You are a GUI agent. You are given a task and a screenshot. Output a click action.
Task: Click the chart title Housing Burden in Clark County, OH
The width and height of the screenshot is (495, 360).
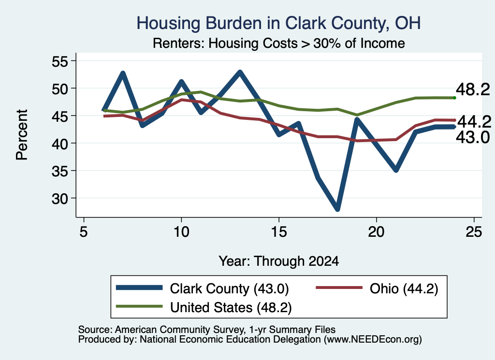click(x=278, y=23)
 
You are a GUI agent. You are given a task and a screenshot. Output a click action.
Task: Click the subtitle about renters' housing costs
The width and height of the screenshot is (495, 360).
click(x=279, y=43)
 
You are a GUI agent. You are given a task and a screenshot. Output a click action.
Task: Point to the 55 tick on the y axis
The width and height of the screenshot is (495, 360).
click(x=60, y=61)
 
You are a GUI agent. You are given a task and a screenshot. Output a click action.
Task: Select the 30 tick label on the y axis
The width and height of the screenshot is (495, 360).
click(x=60, y=199)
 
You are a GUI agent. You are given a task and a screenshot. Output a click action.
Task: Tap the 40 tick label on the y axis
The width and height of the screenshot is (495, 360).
click(x=60, y=144)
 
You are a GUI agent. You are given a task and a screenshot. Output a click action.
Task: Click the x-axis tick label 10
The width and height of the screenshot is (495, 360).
click(x=181, y=232)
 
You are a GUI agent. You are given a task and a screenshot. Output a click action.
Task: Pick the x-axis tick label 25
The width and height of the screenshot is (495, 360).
click(x=474, y=232)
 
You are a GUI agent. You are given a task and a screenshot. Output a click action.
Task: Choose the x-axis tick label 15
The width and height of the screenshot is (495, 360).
click(x=279, y=232)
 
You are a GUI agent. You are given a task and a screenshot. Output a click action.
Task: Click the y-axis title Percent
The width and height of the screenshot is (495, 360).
click(x=22, y=135)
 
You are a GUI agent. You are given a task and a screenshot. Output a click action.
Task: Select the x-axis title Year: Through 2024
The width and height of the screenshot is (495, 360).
click(x=279, y=261)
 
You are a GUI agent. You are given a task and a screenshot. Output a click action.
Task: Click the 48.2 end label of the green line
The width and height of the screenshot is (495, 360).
click(x=473, y=89)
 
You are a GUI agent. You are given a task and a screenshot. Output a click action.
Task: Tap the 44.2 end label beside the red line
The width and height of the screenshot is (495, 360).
click(x=474, y=122)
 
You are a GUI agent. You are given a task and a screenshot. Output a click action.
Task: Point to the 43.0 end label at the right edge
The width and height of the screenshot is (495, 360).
click(x=473, y=138)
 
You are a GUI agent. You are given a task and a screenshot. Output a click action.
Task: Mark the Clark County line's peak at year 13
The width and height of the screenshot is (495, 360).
click(x=240, y=72)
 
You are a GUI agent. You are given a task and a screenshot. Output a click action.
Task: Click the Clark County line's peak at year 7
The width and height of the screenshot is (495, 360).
click(x=123, y=73)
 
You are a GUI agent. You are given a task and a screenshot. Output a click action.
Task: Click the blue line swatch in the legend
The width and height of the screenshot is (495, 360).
click(x=139, y=288)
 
